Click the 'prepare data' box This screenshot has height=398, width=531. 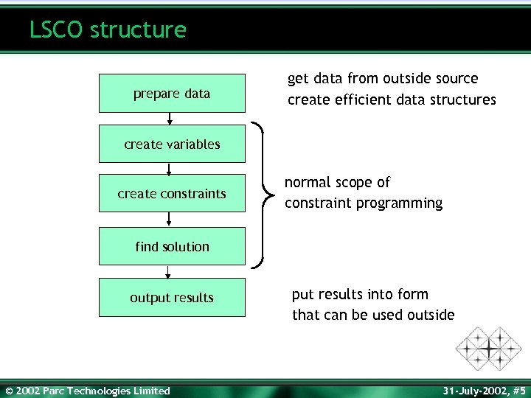click(172, 94)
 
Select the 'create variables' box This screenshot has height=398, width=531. click(172, 144)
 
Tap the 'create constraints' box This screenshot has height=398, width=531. click(172, 194)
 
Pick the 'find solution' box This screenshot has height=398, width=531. click(172, 247)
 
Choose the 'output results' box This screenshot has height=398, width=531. click(172, 298)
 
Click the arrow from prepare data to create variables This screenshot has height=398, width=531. click(170, 119)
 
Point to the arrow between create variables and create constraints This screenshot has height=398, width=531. click(170, 169)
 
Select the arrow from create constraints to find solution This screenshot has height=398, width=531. click(170, 220)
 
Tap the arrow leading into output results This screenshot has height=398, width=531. click(170, 272)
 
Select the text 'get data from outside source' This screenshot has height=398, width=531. click(383, 78)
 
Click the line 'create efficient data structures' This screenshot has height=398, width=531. click(392, 99)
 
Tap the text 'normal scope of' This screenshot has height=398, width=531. click(337, 182)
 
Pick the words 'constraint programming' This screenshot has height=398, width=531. click(364, 203)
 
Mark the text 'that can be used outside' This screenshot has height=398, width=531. click(373, 315)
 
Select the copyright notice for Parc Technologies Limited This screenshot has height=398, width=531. click(87, 391)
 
